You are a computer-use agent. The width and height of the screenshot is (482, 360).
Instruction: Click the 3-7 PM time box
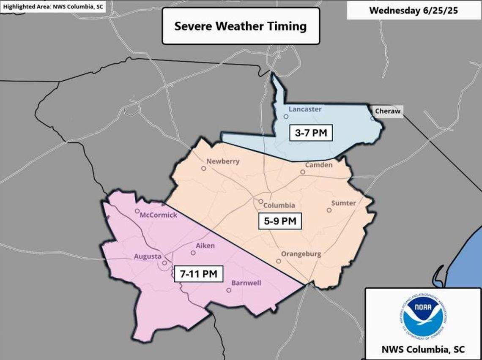click(311, 134)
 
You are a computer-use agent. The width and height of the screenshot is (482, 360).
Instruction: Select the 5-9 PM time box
click(280, 221)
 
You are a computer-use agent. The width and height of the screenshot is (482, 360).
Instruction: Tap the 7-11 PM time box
click(198, 274)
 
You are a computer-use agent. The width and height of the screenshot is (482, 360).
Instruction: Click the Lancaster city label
click(305, 109)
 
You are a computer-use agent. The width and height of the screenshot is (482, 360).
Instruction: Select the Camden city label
click(319, 165)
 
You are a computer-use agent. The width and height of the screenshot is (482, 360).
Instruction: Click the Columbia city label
click(279, 205)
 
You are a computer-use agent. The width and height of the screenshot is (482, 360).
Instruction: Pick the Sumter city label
click(343, 203)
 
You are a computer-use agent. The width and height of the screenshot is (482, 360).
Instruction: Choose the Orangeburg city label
click(301, 254)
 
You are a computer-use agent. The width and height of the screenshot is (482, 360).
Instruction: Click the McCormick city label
click(159, 215)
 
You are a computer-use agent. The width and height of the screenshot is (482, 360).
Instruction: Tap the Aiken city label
click(205, 245)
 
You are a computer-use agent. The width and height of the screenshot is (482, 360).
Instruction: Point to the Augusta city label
click(147, 256)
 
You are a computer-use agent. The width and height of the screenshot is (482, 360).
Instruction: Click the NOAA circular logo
click(423, 317)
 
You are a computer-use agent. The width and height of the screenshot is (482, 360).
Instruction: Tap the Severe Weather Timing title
click(241, 26)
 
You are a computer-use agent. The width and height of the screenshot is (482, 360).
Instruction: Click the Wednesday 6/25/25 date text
click(414, 10)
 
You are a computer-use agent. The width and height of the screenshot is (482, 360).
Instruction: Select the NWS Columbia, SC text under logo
click(423, 349)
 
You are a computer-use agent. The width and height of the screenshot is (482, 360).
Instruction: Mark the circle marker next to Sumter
click(329, 210)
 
